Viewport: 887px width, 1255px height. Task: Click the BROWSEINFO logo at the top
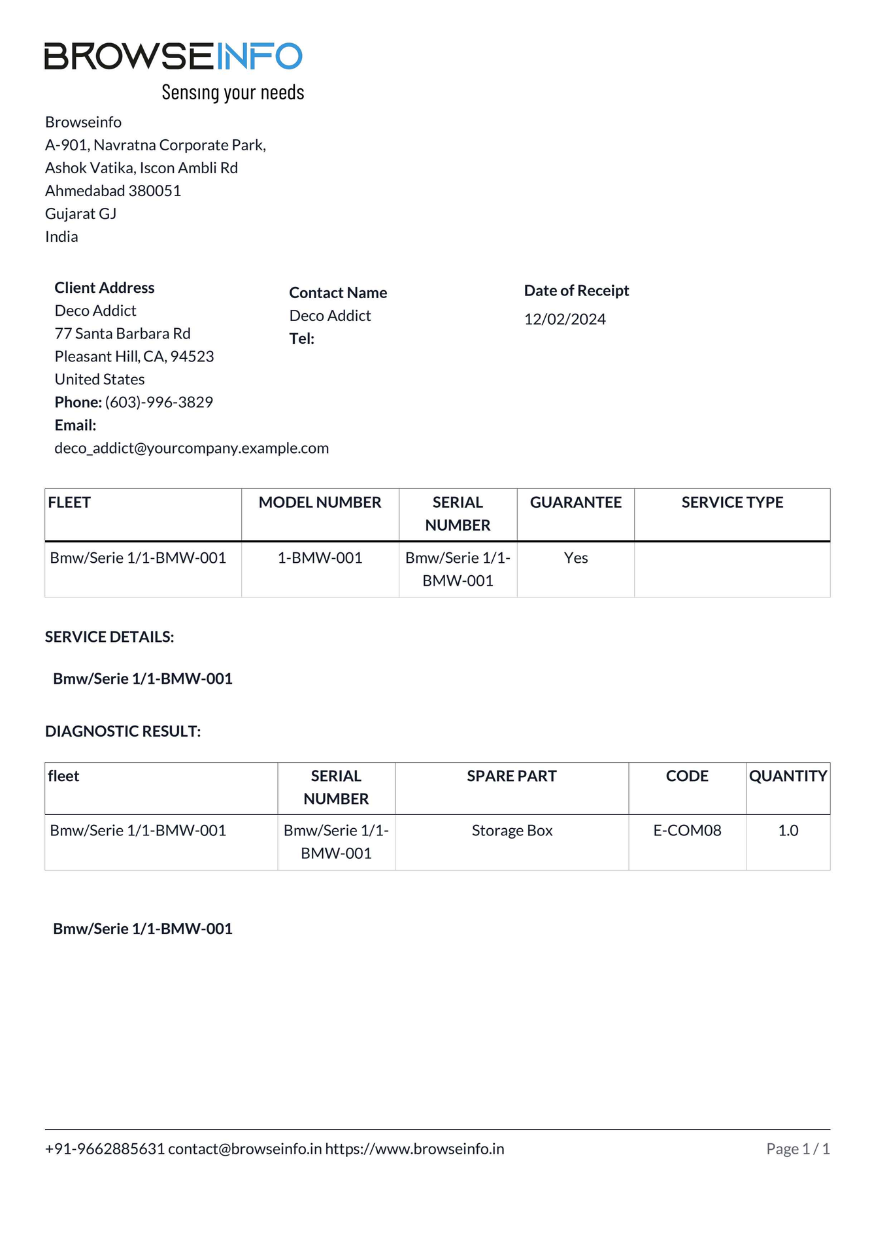pos(173,56)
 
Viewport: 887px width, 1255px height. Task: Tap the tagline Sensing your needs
pos(233,92)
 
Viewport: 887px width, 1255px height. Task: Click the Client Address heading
pos(105,288)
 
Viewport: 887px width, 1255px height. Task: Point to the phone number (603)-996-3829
pos(159,402)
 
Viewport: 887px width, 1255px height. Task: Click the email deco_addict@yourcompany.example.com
pos(192,448)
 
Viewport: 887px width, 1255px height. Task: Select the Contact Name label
pos(338,293)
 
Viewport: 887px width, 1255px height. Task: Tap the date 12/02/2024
pos(565,319)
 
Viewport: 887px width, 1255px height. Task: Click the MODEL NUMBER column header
pos(320,502)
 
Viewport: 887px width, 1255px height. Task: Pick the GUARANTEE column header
pos(575,502)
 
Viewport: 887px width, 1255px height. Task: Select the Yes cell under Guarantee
pos(576,558)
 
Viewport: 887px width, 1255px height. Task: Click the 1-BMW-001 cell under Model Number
pos(320,558)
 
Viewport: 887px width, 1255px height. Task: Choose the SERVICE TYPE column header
pos(732,502)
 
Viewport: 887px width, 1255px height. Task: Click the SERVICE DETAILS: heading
pos(110,637)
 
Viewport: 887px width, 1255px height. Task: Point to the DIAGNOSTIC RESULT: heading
pos(123,731)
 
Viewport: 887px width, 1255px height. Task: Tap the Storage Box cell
pos(512,830)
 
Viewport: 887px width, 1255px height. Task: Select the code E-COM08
pos(687,830)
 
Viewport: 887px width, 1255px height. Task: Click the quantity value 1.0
pos(788,830)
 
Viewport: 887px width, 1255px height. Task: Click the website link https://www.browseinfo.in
pos(414,1148)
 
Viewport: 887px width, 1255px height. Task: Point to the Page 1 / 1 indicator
pos(797,1148)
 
